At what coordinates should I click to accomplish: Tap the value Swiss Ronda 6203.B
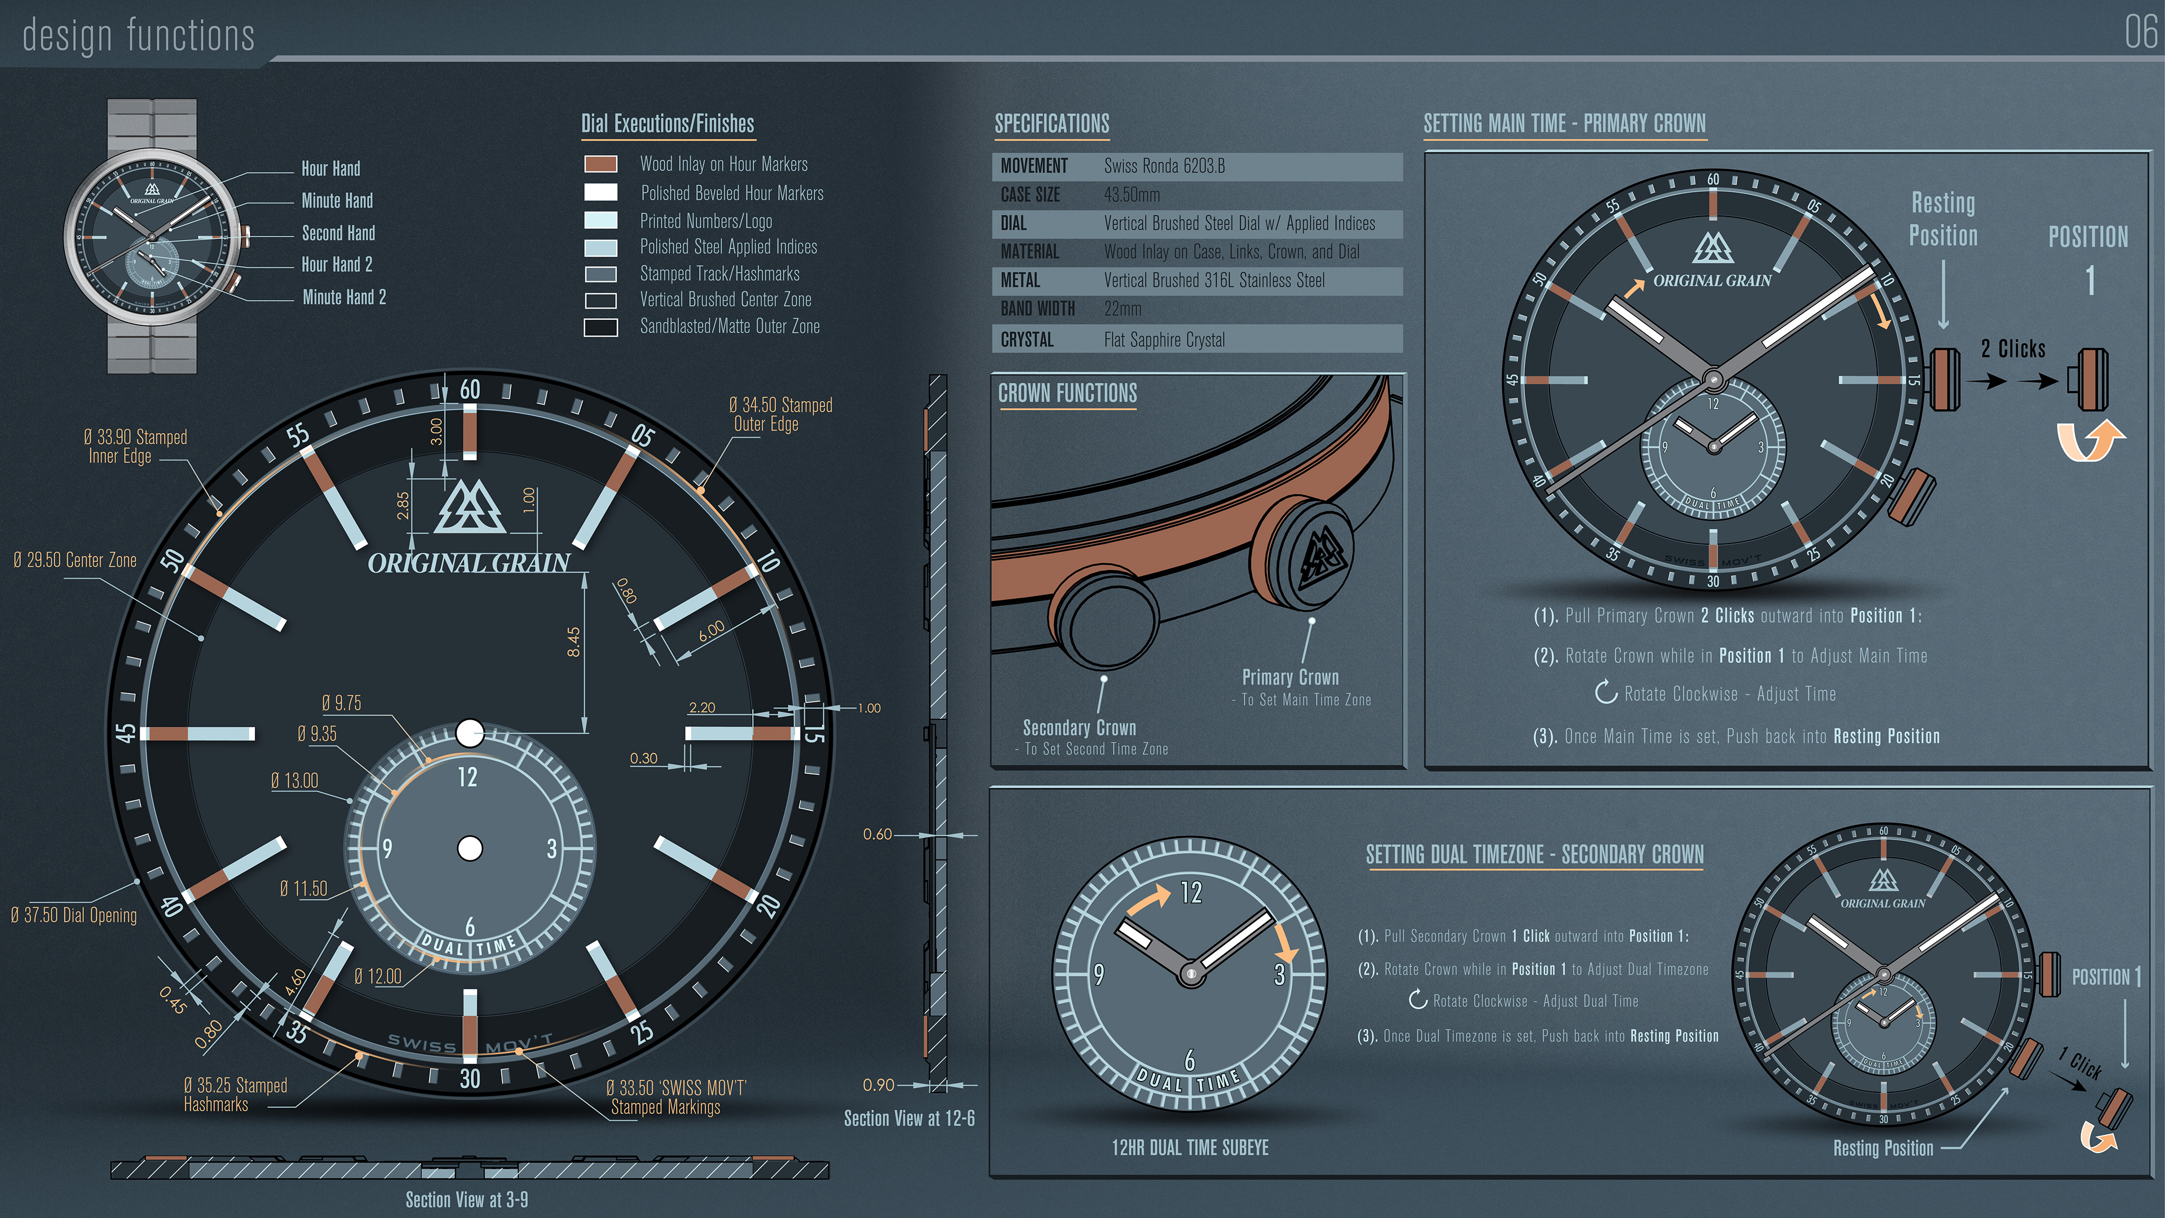click(x=1164, y=166)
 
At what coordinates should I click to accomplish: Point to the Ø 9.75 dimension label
click(x=341, y=703)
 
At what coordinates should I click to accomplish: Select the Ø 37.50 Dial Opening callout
click(x=74, y=915)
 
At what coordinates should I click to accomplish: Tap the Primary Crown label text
click(x=1290, y=677)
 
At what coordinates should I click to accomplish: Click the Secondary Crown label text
click(x=1079, y=728)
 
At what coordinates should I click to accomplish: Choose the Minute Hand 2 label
click(x=344, y=297)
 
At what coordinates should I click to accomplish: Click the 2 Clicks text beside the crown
click(x=2013, y=349)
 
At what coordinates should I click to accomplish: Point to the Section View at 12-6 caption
click(x=909, y=1118)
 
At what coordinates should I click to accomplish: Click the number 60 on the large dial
click(x=470, y=389)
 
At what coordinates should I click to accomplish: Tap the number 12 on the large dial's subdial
click(x=467, y=778)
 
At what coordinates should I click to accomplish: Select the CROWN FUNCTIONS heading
click(x=1067, y=394)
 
